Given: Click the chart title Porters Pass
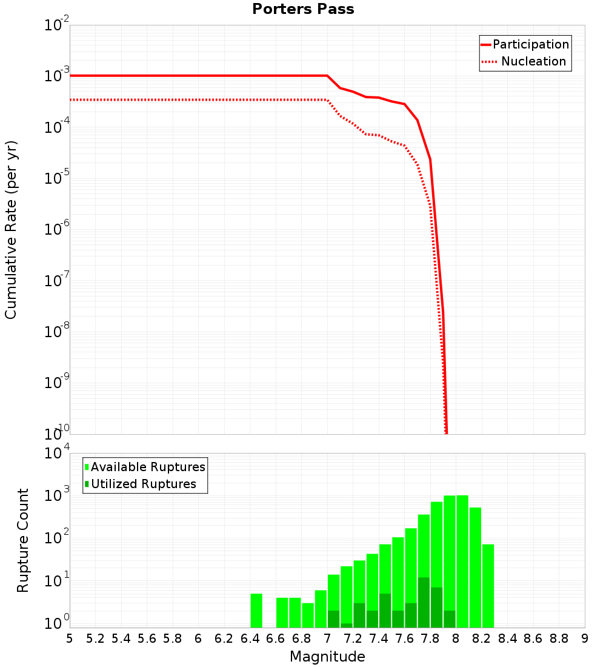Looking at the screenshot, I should coord(303,10).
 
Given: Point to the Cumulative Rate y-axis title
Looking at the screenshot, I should coord(11,230).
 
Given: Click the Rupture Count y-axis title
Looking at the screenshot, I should coord(23,540).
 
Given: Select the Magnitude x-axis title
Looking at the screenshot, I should coord(327,657).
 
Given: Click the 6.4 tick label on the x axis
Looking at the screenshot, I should coord(250,639).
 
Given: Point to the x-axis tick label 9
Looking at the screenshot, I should coord(585,639).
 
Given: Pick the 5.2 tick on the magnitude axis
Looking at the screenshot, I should coord(95,639).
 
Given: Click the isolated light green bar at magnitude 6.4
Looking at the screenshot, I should coord(256,611).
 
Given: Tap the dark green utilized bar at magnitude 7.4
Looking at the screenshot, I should coord(385,611).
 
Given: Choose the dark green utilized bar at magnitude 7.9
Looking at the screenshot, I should coord(449,619).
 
